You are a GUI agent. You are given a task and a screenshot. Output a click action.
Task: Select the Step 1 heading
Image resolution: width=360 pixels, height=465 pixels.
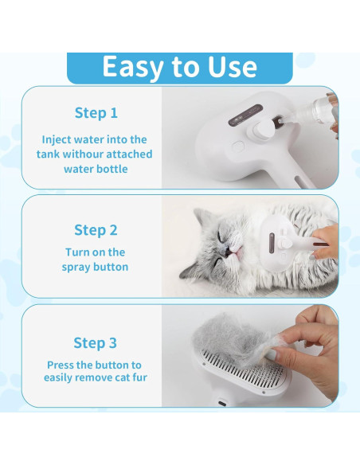pyautogui.click(x=96, y=112)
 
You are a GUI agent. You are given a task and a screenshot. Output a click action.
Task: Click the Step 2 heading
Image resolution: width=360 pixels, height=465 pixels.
pyautogui.click(x=96, y=230)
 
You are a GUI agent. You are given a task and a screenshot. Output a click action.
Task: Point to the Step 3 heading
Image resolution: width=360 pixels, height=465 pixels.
pyautogui.click(x=96, y=343)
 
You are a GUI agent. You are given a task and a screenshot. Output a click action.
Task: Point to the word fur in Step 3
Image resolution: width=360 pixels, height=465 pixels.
pyautogui.click(x=137, y=377)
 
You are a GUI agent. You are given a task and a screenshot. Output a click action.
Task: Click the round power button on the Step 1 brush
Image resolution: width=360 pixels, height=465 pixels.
pyautogui.click(x=237, y=147)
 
